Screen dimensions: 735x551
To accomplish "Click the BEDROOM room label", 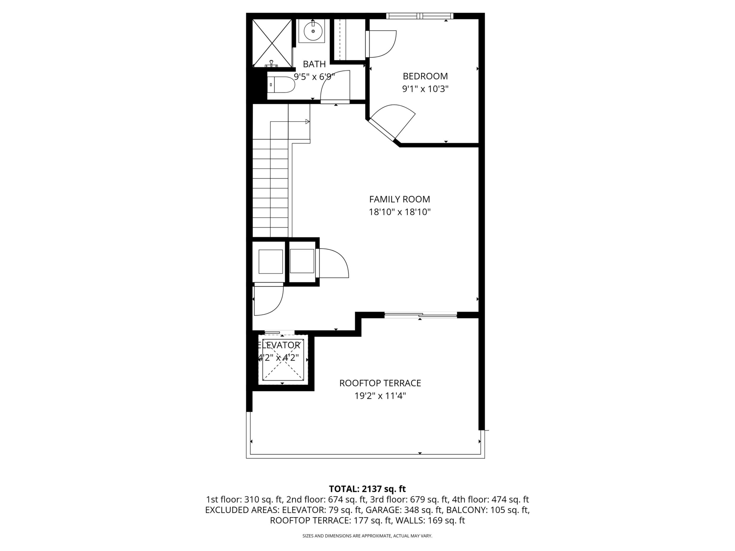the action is coord(425,77).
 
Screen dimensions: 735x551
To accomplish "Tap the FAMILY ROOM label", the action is coord(399,199).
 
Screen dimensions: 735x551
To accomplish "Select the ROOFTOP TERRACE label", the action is coord(380,383).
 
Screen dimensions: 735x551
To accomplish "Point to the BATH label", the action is coord(314,64).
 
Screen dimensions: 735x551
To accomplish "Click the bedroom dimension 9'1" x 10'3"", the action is coord(425,89).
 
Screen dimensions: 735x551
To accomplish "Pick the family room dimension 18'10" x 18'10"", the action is coord(399,212).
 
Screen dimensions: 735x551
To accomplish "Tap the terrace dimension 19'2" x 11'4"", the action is coord(380,396).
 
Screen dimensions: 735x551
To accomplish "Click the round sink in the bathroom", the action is coord(313,31).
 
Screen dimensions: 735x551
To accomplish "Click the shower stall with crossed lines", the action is coord(272,43).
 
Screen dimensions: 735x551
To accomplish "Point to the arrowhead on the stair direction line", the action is coord(307,122).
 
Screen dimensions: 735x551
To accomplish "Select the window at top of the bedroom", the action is coord(420,16).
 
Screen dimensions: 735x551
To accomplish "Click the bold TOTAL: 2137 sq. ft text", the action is coord(367,489).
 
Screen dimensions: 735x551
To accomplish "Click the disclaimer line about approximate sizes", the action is coord(367,536).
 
